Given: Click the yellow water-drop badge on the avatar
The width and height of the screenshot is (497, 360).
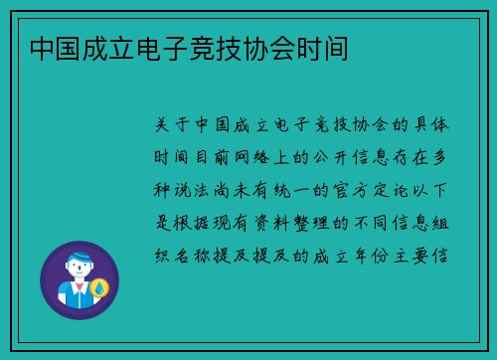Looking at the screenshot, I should coord(99,289).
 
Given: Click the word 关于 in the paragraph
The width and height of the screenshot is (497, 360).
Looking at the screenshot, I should coord(177,126).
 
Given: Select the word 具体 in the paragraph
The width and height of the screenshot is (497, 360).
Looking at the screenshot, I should coord(434,126).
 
